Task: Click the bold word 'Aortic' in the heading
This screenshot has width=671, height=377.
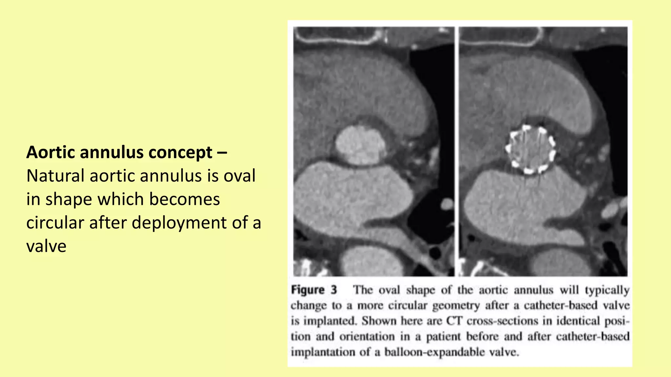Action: (51, 153)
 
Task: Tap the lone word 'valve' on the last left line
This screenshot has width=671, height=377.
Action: (46, 246)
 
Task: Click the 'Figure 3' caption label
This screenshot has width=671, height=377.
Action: (314, 290)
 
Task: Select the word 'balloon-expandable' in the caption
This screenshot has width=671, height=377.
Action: (434, 352)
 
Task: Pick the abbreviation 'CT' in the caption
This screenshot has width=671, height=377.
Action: (454, 321)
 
